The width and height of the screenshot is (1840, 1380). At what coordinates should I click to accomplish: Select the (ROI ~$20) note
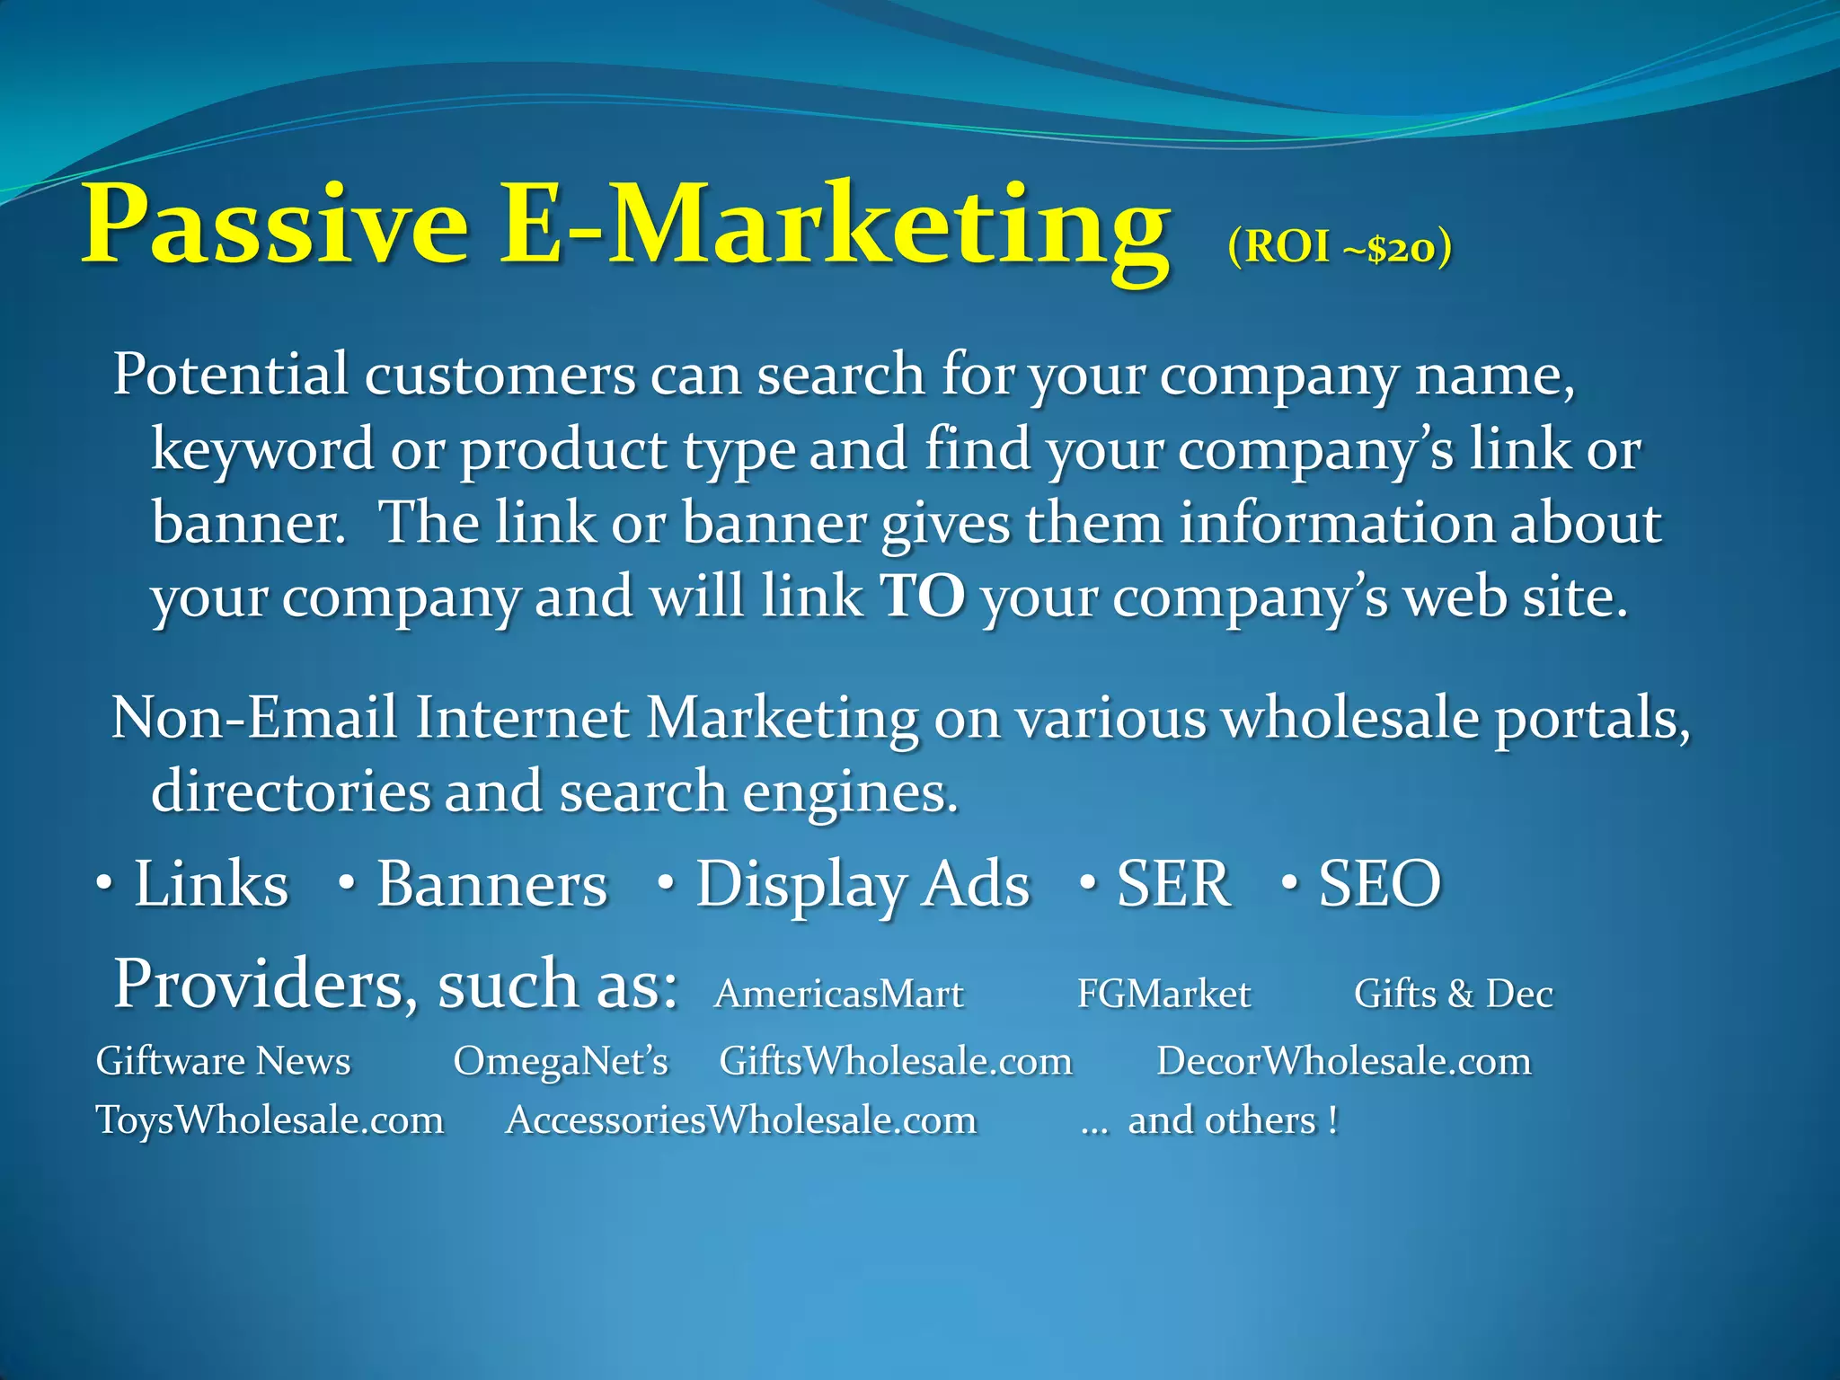point(1339,248)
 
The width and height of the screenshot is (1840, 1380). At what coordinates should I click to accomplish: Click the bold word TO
point(923,597)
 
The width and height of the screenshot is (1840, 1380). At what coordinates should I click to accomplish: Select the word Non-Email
point(254,719)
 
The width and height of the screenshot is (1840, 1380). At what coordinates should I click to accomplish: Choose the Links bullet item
point(211,884)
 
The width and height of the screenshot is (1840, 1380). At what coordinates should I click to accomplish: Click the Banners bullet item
point(491,884)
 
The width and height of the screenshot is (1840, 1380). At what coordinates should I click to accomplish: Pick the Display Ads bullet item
point(862,886)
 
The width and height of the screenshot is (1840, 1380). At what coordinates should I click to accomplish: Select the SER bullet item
point(1172,884)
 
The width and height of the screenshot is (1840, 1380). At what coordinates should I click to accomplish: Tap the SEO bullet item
point(1379,884)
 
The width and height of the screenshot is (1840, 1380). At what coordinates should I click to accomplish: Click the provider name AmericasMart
point(838,995)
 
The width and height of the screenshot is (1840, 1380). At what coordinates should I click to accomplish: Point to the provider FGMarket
point(1163,995)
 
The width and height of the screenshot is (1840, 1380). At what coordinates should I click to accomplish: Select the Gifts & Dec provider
point(1453,995)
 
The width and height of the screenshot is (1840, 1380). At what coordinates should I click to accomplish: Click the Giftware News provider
point(223,1062)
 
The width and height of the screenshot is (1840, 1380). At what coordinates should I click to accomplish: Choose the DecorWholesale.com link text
point(1343,1062)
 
